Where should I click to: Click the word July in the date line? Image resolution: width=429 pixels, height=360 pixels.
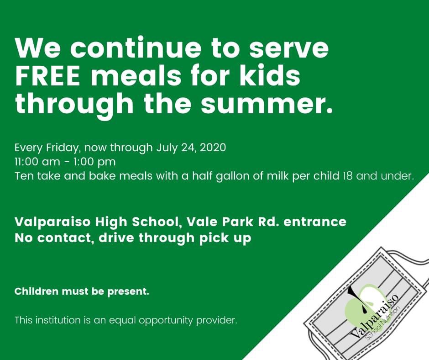[168, 148]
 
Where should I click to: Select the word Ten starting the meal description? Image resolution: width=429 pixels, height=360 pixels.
[23, 175]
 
